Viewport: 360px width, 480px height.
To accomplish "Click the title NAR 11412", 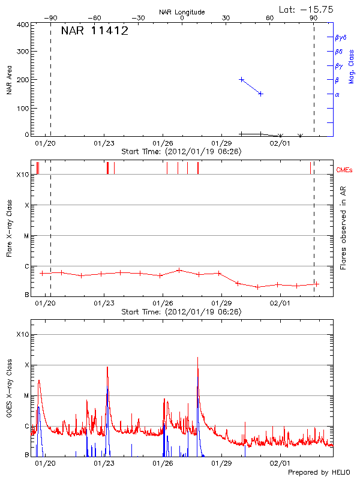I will (x=95, y=31).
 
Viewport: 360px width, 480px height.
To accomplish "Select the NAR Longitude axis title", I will (x=182, y=12).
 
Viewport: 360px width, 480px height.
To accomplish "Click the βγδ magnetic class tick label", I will (x=341, y=37).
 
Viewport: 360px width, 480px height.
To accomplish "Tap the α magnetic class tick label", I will (x=337, y=94).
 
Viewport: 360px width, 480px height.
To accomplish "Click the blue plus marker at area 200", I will (x=241, y=79).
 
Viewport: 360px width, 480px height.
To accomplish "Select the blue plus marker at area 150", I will (x=260, y=94).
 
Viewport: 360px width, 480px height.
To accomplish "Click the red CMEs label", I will (x=346, y=171).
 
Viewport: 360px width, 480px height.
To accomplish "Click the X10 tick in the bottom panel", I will (x=22, y=334).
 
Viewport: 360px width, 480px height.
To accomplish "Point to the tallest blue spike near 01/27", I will (x=197, y=359).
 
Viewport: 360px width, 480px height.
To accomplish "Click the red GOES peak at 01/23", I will (x=107, y=367).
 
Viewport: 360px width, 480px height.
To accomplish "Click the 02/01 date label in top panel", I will (x=280, y=143).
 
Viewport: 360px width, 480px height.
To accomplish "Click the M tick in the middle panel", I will (x=27, y=236).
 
